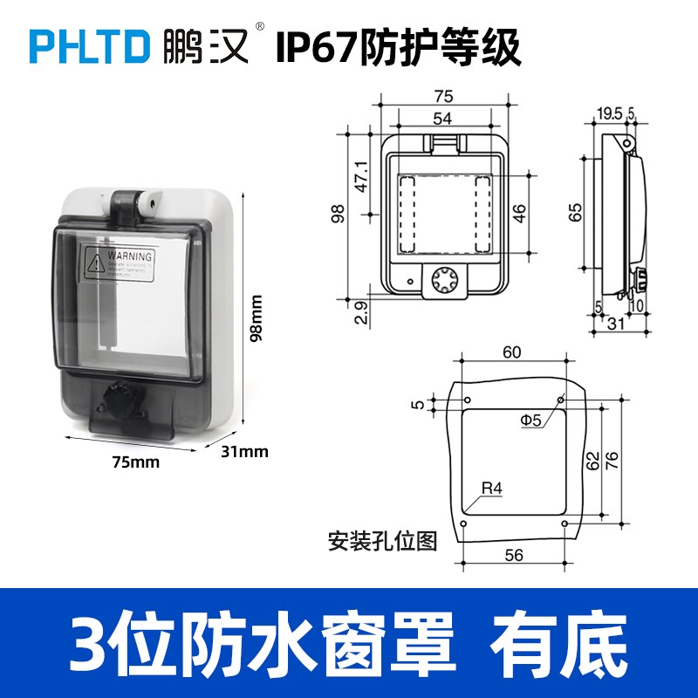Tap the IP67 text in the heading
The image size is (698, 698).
tap(313, 48)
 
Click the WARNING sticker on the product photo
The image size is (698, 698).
tap(118, 264)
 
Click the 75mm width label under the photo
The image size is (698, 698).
tap(136, 462)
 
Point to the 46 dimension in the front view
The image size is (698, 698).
tap(521, 213)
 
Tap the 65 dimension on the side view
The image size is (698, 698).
tap(575, 213)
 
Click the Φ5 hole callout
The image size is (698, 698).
tap(531, 421)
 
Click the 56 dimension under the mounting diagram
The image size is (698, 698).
tap(513, 556)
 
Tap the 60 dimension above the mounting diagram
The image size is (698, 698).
tap(512, 352)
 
